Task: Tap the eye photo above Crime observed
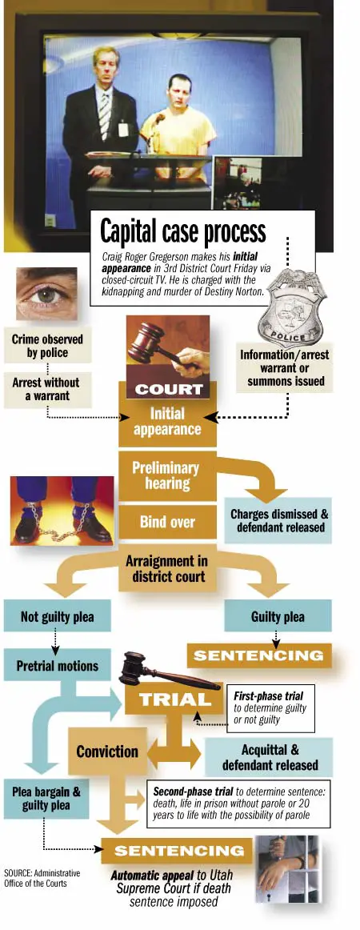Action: [47, 294]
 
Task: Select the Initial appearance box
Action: [167, 421]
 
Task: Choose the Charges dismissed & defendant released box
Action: [278, 520]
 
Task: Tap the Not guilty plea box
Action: [57, 616]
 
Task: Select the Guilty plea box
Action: [278, 616]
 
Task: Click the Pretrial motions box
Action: [57, 665]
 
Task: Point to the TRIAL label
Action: [174, 700]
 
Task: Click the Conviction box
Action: [107, 752]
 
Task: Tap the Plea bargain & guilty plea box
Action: [46, 798]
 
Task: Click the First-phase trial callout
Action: [270, 708]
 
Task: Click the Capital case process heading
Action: [183, 231]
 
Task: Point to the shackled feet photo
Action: [62, 510]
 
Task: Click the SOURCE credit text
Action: [42, 877]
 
